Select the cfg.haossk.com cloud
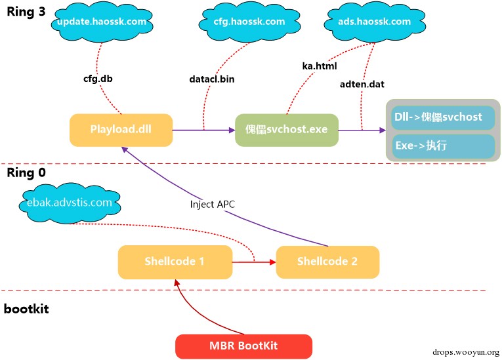pyautogui.click(x=249, y=22)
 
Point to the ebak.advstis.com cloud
pyautogui.click(x=66, y=202)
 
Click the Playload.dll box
pyautogui.click(x=121, y=130)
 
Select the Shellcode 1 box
pyautogui.click(x=175, y=262)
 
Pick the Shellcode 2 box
pyautogui.click(x=327, y=262)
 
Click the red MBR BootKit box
pyautogui.click(x=243, y=345)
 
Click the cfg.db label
pyautogui.click(x=96, y=79)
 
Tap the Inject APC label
pyautogui.click(x=211, y=204)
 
